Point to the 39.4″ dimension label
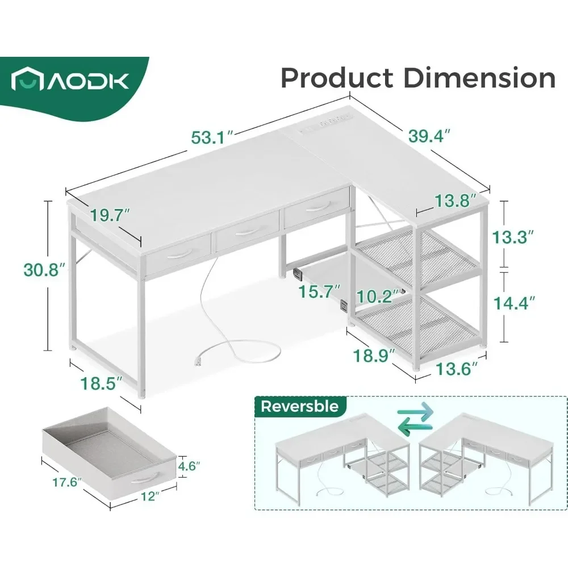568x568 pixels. (429, 136)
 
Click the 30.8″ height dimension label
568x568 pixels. (41, 269)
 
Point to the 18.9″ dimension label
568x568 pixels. (373, 357)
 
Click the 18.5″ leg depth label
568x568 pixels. (101, 383)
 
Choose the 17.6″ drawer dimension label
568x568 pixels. (63, 484)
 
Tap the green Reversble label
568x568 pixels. (300, 406)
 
